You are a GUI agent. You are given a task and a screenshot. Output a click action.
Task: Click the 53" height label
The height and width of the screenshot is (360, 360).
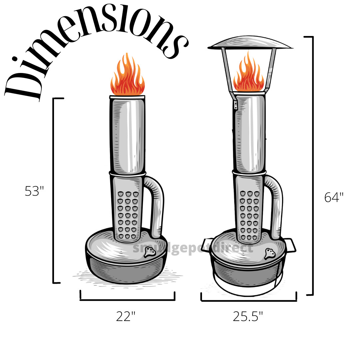[x=34, y=191]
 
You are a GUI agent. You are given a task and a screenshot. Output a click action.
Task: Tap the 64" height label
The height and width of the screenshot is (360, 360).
[x=334, y=197]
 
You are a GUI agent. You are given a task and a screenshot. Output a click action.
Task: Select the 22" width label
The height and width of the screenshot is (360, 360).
[x=126, y=316]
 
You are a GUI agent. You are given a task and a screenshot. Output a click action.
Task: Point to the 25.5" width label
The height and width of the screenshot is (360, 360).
[x=248, y=316]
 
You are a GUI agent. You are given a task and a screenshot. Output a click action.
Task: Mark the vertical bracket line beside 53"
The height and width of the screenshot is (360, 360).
[x=54, y=190]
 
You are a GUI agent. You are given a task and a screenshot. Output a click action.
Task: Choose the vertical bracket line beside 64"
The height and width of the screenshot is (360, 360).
[x=313, y=167]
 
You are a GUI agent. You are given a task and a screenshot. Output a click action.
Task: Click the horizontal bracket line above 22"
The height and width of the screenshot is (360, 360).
[x=127, y=300]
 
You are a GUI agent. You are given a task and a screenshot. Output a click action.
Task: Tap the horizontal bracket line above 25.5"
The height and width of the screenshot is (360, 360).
[x=249, y=301]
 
